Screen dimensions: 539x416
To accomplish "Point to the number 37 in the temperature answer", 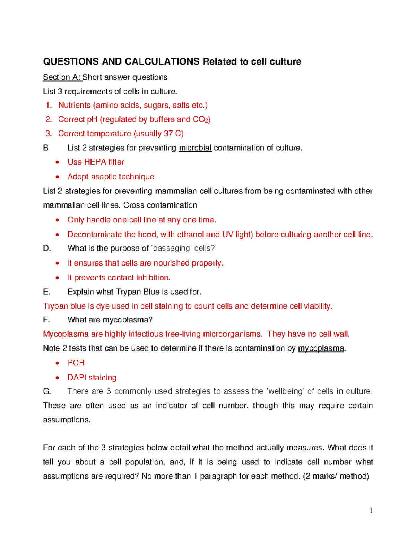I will coord(168,134).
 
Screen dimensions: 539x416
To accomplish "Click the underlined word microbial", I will coord(195,148).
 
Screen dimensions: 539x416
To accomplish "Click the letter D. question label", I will coord(47,249).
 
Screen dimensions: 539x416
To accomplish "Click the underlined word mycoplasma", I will coord(321,348).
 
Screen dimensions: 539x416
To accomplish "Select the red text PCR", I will coord(76,363).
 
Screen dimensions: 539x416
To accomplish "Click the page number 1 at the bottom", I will coord(371,511).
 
